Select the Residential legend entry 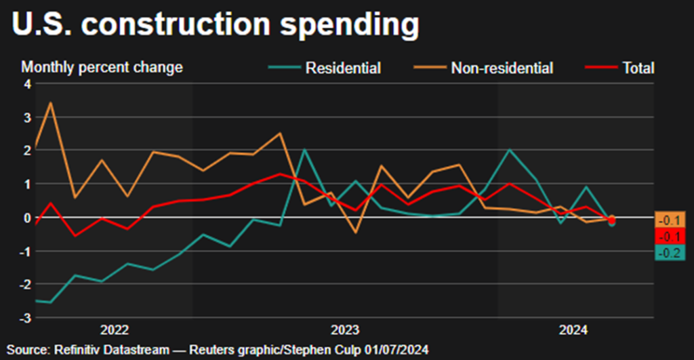click(x=343, y=68)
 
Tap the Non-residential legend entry click(x=502, y=68)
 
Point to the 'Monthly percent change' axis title click(x=102, y=67)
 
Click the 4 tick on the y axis click(x=28, y=84)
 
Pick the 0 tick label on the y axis click(x=28, y=218)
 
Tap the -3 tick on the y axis click(x=26, y=317)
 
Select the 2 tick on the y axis click(x=28, y=151)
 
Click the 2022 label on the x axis click(x=115, y=330)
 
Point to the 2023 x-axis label click(x=345, y=330)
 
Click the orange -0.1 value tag click(x=671, y=219)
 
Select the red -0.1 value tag click(x=671, y=236)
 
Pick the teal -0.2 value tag click(x=671, y=253)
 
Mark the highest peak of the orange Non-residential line click(x=52, y=103)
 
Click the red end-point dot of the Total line click(x=612, y=220)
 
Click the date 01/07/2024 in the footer click(x=400, y=348)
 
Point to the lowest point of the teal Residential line click(x=50, y=302)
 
